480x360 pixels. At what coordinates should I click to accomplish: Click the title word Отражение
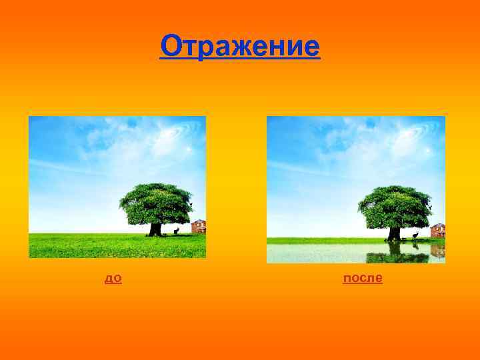point(240,47)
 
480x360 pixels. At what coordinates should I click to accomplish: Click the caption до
point(113,278)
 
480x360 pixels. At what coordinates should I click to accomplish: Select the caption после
point(363,278)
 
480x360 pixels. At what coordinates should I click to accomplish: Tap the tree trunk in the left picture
point(155,229)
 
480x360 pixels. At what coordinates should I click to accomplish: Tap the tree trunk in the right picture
point(395,233)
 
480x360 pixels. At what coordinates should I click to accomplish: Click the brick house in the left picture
point(199,227)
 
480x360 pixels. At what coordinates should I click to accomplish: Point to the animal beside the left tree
point(176,231)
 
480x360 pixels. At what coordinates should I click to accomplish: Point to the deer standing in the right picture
point(415,235)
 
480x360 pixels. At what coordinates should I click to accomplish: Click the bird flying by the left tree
point(191,203)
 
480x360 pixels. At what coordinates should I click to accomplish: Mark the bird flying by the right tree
point(431,207)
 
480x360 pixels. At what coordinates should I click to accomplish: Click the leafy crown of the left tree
point(156,203)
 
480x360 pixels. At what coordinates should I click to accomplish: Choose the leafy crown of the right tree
point(395,206)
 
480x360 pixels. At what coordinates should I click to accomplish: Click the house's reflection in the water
point(438,250)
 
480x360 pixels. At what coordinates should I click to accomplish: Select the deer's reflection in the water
point(415,245)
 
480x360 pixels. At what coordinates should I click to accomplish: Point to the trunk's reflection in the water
point(395,247)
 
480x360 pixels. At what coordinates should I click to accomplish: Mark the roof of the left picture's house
point(199,222)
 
